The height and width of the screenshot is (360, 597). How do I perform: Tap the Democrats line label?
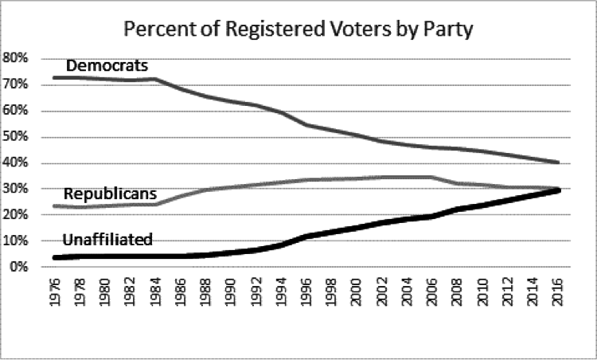tap(107, 65)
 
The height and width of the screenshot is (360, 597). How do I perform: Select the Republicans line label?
tap(109, 194)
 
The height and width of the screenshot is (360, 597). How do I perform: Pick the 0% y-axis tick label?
tap(19, 267)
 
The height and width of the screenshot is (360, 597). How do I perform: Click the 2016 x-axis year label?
tap(558, 296)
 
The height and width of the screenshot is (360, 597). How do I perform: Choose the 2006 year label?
tap(433, 296)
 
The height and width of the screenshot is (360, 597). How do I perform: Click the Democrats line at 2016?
tap(557, 162)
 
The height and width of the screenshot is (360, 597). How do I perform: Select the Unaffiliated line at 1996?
tap(307, 236)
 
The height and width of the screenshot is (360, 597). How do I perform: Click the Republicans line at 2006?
tap(432, 177)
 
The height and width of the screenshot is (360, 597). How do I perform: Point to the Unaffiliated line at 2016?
tap(557, 190)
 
